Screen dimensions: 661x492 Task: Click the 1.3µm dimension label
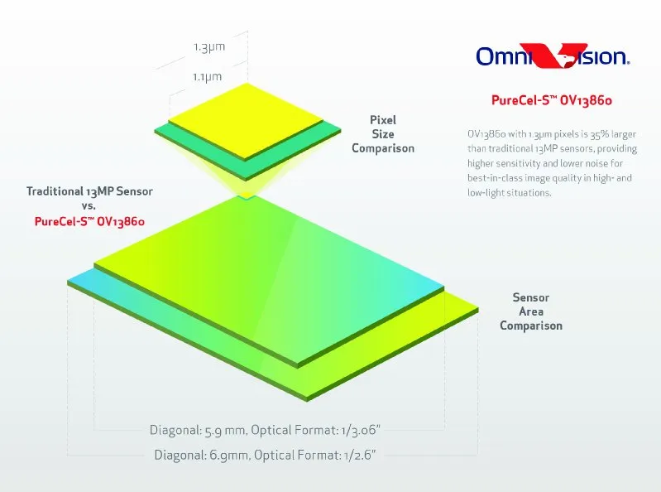click(x=209, y=47)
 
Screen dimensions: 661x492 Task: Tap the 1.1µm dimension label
click(x=207, y=77)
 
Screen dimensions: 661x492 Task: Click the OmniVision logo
click(x=553, y=55)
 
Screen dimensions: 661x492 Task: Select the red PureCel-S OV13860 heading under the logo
click(x=552, y=100)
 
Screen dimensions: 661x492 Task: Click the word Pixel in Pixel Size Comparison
click(x=383, y=120)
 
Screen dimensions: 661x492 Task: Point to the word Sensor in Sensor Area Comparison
click(x=531, y=297)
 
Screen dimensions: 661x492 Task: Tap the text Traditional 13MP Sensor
click(x=89, y=191)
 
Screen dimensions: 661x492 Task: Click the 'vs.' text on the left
click(x=89, y=206)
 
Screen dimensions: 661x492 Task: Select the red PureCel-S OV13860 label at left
click(x=89, y=221)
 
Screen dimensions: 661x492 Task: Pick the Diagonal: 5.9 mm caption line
click(x=265, y=431)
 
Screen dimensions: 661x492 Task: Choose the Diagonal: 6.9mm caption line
click(x=266, y=456)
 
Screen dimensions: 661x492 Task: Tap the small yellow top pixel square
click(x=246, y=121)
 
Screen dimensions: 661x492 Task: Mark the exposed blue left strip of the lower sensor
click(x=80, y=277)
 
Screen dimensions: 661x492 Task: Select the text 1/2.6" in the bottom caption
click(x=360, y=456)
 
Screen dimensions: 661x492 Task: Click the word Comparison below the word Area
click(x=531, y=326)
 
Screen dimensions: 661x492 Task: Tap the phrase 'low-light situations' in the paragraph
click(x=509, y=193)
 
